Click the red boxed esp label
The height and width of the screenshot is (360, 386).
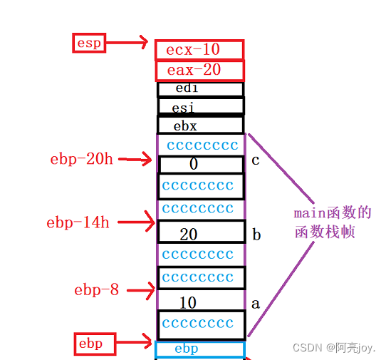pyautogui.click(x=89, y=43)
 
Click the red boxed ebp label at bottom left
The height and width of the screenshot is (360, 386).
pyautogui.click(x=91, y=344)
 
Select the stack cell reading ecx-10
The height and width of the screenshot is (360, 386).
pyautogui.click(x=199, y=50)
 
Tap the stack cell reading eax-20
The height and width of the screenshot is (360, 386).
pyautogui.click(x=199, y=70)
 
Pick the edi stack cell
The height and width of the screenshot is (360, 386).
pyautogui.click(x=200, y=89)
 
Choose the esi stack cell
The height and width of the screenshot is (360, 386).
pyautogui.click(x=200, y=107)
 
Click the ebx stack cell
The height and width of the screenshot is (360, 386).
pyautogui.click(x=200, y=125)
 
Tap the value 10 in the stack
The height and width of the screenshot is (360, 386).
pyautogui.click(x=188, y=303)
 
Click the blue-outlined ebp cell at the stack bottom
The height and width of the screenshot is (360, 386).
pyautogui.click(x=199, y=349)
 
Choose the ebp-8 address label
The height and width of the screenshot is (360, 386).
pyautogui.click(x=97, y=289)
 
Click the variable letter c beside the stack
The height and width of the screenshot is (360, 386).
pyautogui.click(x=255, y=160)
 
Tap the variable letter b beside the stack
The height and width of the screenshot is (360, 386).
pyautogui.click(x=256, y=235)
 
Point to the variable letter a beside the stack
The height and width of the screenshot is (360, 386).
pyautogui.click(x=256, y=303)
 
